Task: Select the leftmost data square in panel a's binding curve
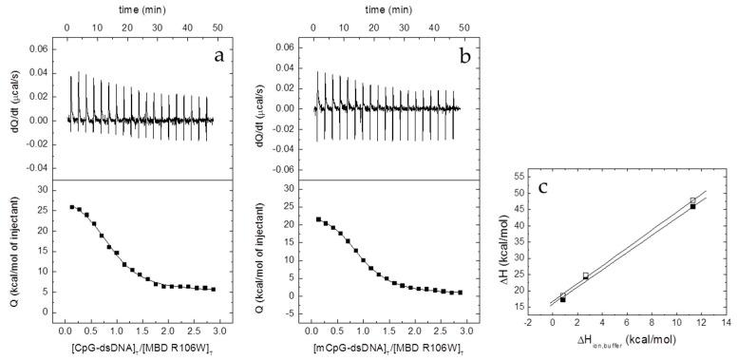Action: pos(72,207)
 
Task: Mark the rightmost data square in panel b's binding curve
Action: pos(460,293)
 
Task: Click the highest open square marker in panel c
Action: pos(693,200)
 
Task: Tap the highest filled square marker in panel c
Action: pos(693,206)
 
